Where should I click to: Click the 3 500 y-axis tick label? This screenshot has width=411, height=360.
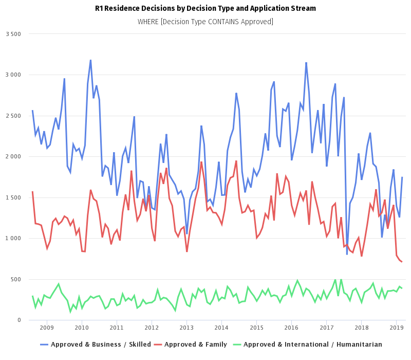coord(13,34)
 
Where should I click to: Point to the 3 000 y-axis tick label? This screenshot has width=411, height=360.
coord(13,75)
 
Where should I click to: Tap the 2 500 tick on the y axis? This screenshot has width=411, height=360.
coord(13,116)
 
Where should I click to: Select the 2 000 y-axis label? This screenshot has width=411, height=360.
coord(13,157)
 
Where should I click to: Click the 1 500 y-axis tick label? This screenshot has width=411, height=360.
coord(13,197)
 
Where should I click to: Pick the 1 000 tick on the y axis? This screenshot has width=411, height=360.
coord(13,239)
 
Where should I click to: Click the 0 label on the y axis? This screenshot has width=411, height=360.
coord(19,320)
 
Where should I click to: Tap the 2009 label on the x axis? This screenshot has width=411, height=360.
coord(46,328)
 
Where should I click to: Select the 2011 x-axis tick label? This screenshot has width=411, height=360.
coord(117,328)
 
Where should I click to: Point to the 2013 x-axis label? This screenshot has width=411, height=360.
coord(186,328)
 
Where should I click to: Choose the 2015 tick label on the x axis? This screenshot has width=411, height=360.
coord(256,328)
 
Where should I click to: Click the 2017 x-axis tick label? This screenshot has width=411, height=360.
coord(326,328)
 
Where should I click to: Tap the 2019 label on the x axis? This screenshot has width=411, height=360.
coord(396,328)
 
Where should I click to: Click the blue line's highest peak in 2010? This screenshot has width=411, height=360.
coord(90,61)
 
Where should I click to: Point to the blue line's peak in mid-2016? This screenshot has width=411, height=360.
coord(306,63)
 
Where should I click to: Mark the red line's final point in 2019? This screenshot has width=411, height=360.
coord(402,262)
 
